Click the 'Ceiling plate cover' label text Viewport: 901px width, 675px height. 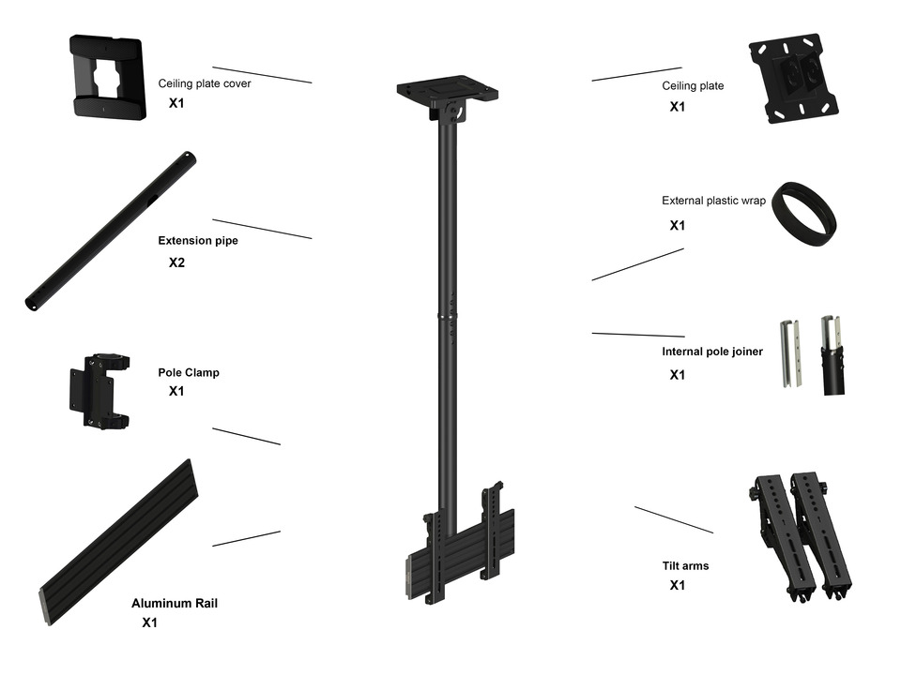(204, 83)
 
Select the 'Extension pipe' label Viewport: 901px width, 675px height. (197, 241)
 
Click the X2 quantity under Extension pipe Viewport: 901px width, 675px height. (176, 263)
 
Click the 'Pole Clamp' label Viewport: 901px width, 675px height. (188, 372)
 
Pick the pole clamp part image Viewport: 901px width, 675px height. (99, 391)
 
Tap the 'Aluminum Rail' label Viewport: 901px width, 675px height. (175, 604)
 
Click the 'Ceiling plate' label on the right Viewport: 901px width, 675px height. (693, 86)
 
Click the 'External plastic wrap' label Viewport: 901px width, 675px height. (713, 201)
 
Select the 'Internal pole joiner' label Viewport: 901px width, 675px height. (712, 352)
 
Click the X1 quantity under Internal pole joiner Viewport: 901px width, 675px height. (677, 375)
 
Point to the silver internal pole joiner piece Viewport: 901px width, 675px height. (790, 355)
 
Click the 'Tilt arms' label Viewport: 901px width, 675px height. (685, 566)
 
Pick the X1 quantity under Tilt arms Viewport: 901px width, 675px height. (677, 586)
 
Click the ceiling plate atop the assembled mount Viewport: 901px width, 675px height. (446, 91)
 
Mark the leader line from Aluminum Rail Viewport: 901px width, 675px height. (246, 538)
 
